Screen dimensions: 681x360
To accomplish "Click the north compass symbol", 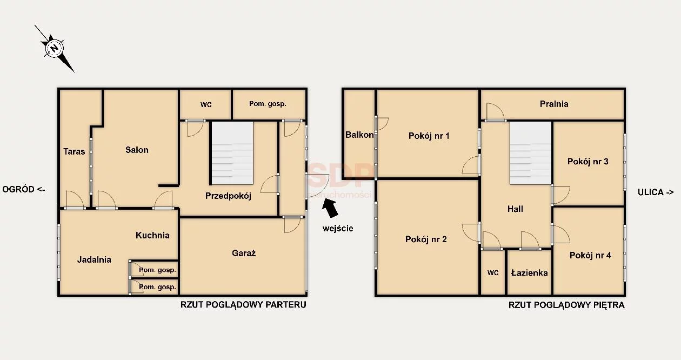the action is (x=55, y=48).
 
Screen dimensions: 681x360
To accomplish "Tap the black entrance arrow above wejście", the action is (x=330, y=208).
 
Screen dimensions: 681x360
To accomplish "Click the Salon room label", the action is (x=137, y=150).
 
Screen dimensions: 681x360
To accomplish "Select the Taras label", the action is (x=74, y=151).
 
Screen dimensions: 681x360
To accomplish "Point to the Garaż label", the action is (x=244, y=253).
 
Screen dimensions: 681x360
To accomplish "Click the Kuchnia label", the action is (x=152, y=235).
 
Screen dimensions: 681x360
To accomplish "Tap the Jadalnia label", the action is (x=94, y=259).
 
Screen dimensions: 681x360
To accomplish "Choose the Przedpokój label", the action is (x=228, y=196).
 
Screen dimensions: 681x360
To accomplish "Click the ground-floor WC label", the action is (x=206, y=105).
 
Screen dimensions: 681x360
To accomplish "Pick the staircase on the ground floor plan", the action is (x=232, y=153).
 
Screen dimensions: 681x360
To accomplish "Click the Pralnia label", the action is (x=554, y=104).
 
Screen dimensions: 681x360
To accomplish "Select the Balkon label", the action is (x=359, y=135).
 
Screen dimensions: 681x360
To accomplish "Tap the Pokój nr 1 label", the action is (x=429, y=136).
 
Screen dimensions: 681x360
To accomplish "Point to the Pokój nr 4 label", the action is (x=590, y=255).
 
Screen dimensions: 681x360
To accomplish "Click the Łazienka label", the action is (x=529, y=273).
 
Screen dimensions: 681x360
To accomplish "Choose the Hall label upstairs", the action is (x=515, y=209).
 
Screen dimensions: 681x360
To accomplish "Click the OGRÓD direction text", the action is (x=24, y=189).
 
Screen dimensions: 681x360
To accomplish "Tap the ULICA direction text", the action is (x=656, y=192).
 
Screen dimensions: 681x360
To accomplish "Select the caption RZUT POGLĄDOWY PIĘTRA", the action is (x=566, y=305).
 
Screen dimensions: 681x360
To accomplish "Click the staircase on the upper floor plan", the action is (x=531, y=153).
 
